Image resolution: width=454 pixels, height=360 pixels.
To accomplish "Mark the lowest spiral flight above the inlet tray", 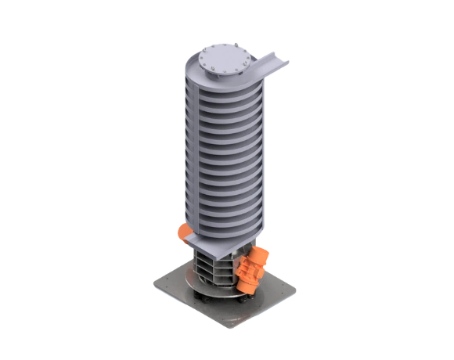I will (223, 227).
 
